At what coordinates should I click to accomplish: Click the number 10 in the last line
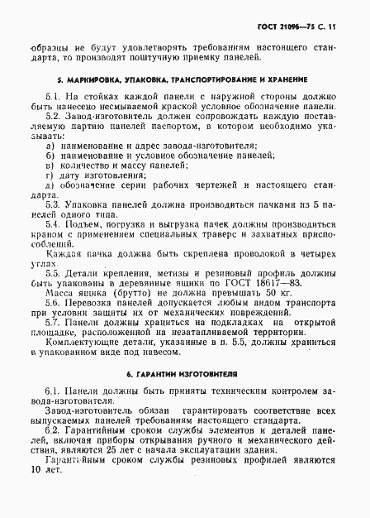coord(31,492)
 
